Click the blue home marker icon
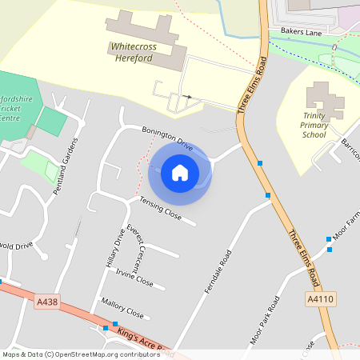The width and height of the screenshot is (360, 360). pyautogui.click(x=180, y=173)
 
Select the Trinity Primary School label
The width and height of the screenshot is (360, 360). pyautogui.click(x=314, y=124)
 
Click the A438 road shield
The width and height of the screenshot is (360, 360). pyautogui.click(x=47, y=302)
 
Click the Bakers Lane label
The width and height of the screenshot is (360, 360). pyautogui.click(x=300, y=31)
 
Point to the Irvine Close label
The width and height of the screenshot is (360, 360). pyautogui.click(x=134, y=277)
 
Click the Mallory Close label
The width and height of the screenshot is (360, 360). pyautogui.click(x=122, y=308)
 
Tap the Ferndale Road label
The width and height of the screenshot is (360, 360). pyautogui.click(x=218, y=270)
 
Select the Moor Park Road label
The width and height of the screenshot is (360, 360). pyautogui.click(x=264, y=321)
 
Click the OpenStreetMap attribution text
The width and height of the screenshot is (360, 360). pyautogui.click(x=80, y=354)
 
